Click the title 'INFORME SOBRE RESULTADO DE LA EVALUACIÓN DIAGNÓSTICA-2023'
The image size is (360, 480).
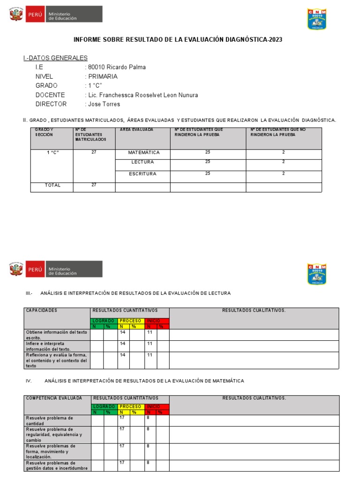pos(178,40)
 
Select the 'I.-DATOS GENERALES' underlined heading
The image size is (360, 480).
pos(55,58)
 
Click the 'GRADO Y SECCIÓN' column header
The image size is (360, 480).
pos(45,132)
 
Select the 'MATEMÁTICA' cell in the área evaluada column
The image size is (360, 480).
pos(143,153)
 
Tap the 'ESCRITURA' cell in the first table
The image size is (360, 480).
pos(142,174)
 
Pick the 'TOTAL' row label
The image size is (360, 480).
pos(52,185)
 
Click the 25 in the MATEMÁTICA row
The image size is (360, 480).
pos(208,152)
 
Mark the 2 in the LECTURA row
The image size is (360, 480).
pos(284,162)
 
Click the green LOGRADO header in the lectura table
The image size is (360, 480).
pos(103,321)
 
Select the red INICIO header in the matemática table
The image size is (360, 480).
pos(153,406)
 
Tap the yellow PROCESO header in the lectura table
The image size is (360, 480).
pos(130,321)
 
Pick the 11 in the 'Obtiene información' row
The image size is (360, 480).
pos(150,332)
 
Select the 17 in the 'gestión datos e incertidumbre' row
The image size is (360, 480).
pos(122,462)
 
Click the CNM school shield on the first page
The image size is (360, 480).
pos(317,19)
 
